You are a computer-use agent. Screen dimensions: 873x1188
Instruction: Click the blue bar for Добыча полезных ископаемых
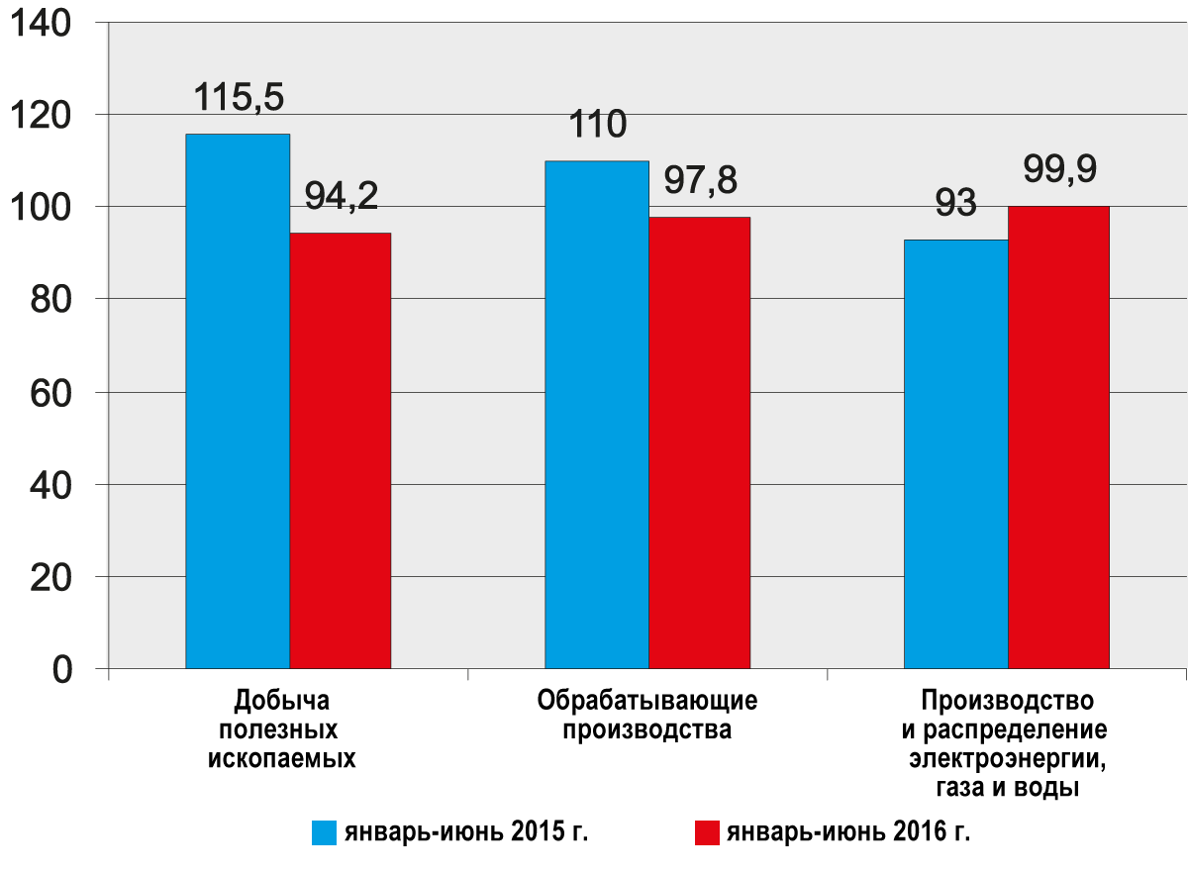[238, 401]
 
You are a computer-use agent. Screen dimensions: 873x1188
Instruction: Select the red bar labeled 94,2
[341, 450]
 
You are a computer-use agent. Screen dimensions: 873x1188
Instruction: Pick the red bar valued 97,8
[699, 442]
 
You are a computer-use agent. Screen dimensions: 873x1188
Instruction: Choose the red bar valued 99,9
[1058, 437]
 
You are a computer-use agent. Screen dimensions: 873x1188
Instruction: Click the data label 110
[597, 126]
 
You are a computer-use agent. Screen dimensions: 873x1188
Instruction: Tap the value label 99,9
[1058, 170]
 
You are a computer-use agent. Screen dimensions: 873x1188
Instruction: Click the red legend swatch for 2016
[706, 832]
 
